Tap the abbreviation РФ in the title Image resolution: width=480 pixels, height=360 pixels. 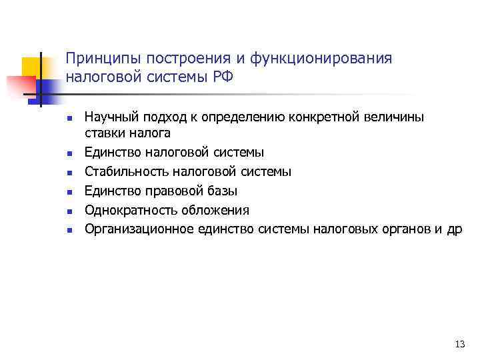(221, 77)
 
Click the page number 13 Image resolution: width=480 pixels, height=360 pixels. (459, 344)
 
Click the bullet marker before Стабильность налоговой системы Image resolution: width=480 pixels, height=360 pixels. (69, 172)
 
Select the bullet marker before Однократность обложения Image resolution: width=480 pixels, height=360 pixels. (69, 211)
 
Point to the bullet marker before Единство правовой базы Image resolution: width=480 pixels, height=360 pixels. (69, 191)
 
